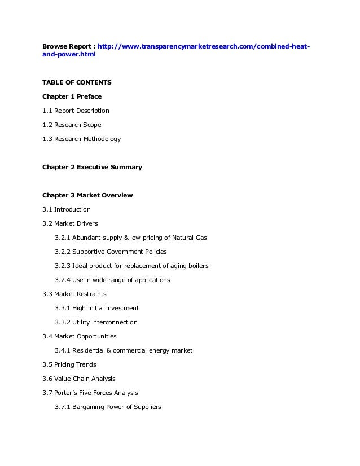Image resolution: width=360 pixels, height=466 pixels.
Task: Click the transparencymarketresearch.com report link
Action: coord(203,46)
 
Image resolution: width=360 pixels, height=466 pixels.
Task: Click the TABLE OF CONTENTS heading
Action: coord(77,82)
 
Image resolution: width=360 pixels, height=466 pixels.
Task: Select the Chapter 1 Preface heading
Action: coord(72,96)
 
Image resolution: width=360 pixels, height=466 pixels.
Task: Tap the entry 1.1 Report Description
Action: coord(76,111)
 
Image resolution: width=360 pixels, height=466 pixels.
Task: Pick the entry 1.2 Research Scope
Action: coord(72,125)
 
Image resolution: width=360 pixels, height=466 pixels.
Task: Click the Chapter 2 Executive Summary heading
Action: coord(92,168)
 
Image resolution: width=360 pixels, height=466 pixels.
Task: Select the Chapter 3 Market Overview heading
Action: coord(87,196)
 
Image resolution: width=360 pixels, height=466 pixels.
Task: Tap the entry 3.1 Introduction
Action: coord(66,209)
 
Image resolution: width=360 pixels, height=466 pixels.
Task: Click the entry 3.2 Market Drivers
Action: coord(70,223)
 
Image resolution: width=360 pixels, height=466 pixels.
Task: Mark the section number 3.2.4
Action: coord(63,280)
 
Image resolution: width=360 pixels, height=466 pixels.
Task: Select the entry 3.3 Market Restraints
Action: coord(74,294)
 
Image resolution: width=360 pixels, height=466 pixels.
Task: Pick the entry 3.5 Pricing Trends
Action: coord(69,364)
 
